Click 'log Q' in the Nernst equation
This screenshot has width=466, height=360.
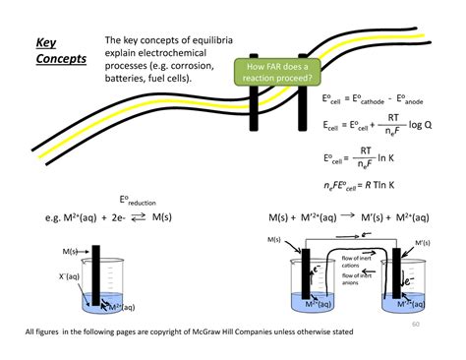tap(421, 125)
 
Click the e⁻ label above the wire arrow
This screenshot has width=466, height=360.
tap(366, 236)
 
